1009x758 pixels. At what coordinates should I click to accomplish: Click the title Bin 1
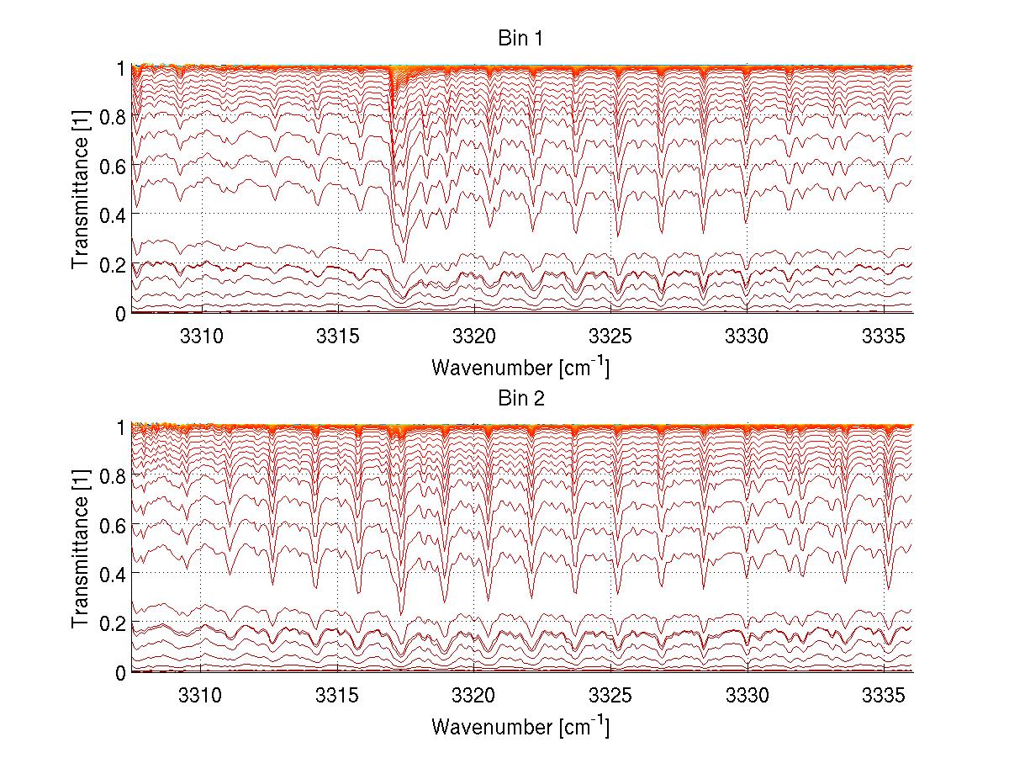521,40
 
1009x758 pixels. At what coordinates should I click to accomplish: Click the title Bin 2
521,399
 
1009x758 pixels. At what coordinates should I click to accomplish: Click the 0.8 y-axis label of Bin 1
113,116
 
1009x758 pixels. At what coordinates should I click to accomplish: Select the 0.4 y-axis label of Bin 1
113,215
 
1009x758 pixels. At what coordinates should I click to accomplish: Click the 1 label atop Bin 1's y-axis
121,67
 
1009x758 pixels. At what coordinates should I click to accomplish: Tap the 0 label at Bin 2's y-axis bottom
121,671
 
